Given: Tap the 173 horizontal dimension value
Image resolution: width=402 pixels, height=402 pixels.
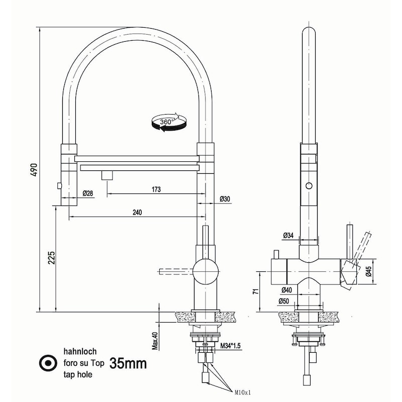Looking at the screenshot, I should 156,189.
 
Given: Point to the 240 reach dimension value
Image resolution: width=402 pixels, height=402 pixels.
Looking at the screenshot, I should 137,212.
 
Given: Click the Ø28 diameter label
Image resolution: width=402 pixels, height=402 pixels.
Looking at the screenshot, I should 87,193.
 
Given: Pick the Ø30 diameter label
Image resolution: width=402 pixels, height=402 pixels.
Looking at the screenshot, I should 225,199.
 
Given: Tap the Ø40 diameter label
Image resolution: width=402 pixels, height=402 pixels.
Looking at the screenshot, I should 287,289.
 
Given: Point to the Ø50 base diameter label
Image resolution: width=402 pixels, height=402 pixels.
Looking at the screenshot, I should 284,301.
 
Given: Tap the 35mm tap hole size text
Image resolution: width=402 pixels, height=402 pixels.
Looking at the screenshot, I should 128,363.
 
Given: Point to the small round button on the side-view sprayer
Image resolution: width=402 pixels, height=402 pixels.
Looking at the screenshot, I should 309,185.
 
